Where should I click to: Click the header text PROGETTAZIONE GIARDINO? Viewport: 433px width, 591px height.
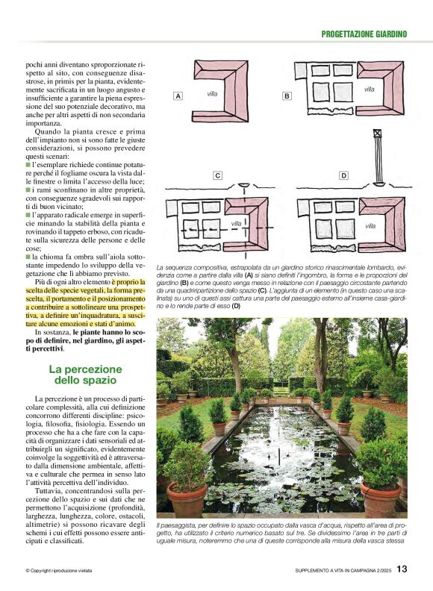point(364,34)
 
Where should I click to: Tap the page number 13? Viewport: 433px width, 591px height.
point(402,570)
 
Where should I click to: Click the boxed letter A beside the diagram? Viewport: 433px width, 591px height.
point(178,96)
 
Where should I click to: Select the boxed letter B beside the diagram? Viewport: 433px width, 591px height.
point(287,96)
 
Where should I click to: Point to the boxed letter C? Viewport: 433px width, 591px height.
point(217,176)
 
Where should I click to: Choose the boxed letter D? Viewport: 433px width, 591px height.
point(343,176)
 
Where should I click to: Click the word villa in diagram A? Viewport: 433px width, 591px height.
point(212,94)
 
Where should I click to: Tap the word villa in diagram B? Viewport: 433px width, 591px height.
point(369,90)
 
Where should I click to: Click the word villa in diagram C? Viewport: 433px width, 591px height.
point(236,223)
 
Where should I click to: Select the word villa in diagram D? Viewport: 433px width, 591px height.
point(370,224)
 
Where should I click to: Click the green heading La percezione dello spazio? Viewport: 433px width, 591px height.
point(85,375)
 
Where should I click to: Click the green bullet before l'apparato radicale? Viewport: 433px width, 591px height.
point(28,215)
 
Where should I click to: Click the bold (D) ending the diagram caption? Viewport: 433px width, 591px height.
point(237,305)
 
